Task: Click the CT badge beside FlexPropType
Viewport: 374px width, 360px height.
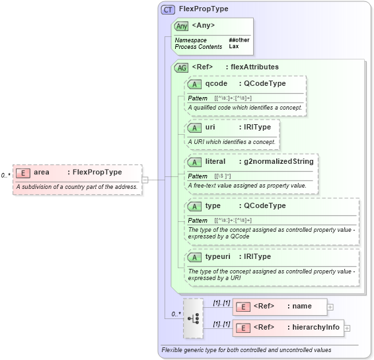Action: click(x=168, y=9)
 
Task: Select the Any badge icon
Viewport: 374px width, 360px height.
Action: click(x=181, y=26)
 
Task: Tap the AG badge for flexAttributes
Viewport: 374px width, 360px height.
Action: click(x=181, y=67)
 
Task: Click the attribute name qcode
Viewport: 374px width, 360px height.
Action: click(x=217, y=84)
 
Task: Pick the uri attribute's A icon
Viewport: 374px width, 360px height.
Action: click(x=194, y=127)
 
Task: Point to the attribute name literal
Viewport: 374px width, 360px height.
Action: click(x=216, y=161)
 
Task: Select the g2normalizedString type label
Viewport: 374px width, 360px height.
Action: click(x=278, y=161)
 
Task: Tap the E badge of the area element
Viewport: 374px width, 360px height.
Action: click(x=23, y=172)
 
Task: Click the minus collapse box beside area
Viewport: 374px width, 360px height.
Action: click(x=145, y=179)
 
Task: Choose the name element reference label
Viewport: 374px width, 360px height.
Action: click(x=302, y=306)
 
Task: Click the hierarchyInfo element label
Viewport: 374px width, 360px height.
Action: click(x=316, y=328)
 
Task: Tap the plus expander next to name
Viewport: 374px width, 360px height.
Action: click(x=330, y=306)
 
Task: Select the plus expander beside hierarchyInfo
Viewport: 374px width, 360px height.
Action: click(x=347, y=328)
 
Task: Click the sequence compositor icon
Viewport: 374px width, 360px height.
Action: click(x=194, y=318)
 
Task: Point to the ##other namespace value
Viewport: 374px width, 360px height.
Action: click(x=239, y=40)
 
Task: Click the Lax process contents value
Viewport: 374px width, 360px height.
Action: click(x=234, y=47)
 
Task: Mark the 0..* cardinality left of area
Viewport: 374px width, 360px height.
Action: click(x=5, y=176)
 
